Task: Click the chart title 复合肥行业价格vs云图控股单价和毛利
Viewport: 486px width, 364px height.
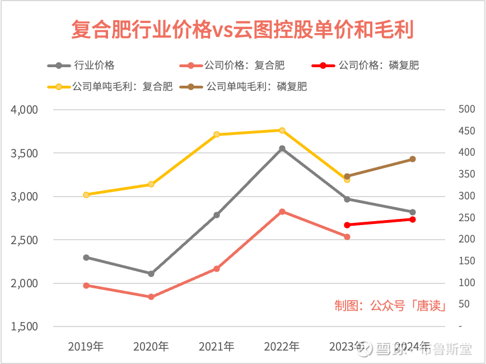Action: tap(242, 30)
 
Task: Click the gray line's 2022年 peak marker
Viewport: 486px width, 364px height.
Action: tap(282, 148)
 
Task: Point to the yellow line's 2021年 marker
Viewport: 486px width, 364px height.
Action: tap(217, 134)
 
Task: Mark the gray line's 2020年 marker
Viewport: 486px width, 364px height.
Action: tap(151, 274)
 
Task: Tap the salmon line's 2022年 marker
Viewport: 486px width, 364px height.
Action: tap(282, 212)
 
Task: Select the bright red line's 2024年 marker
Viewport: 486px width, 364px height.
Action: tap(413, 220)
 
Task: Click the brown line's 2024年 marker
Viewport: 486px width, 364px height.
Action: tap(413, 159)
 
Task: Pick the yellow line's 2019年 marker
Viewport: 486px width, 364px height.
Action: tap(86, 195)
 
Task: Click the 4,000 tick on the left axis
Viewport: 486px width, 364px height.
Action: tap(24, 110)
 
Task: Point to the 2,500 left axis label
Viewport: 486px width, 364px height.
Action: tap(24, 240)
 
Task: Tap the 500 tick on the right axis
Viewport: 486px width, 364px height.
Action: tap(466, 109)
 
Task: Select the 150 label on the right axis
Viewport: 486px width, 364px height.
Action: tap(466, 261)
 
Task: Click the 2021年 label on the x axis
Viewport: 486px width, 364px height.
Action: tap(217, 347)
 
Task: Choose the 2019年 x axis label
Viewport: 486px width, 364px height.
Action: tap(86, 347)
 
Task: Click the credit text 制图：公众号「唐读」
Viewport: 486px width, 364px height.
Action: tap(390, 306)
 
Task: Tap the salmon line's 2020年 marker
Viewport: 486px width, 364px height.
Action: tap(151, 297)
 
